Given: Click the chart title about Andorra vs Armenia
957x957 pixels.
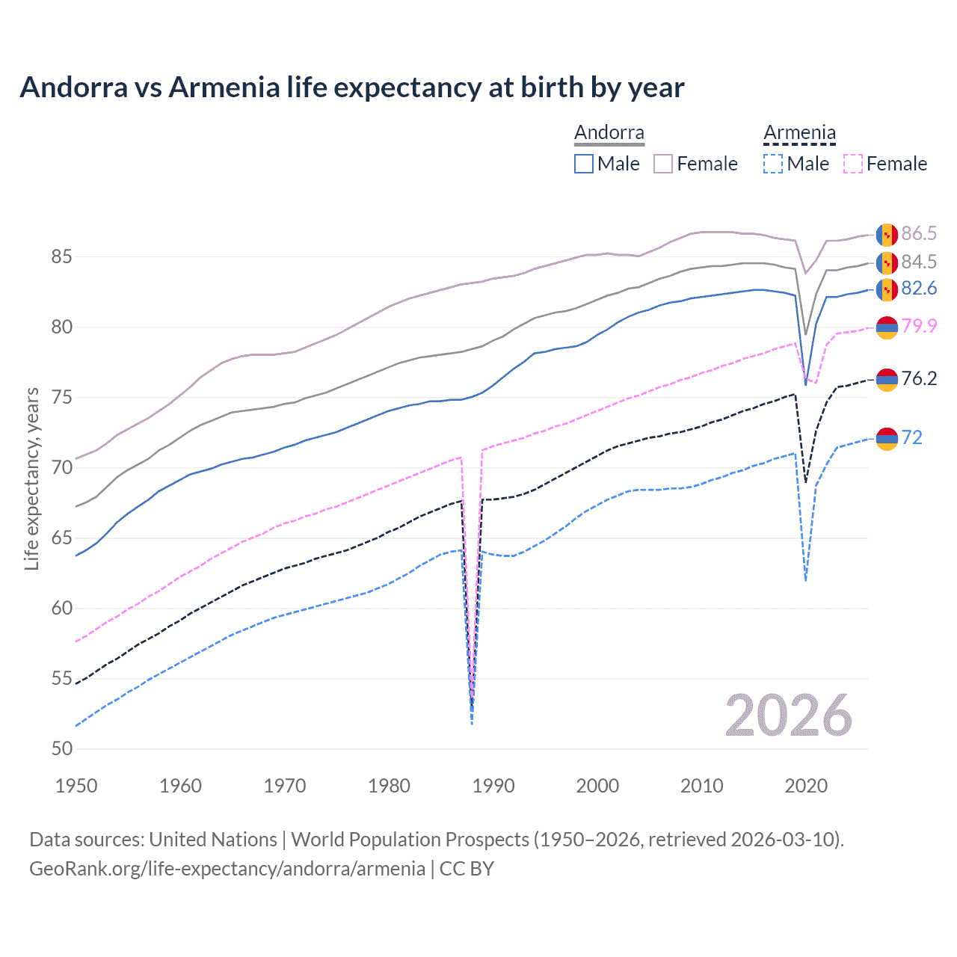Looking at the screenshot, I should (x=351, y=87).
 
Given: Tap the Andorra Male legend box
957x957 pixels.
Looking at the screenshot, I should (x=584, y=164).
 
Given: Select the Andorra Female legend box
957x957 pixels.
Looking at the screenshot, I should (x=663, y=164).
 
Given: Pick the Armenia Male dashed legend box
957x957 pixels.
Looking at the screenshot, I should (x=773, y=164).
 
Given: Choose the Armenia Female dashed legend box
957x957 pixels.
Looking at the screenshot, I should (x=853, y=164).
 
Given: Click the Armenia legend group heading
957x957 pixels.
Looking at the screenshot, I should (x=799, y=133).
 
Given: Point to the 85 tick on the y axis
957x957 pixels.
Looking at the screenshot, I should (x=61, y=257).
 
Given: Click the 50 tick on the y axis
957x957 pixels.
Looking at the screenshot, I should (x=61, y=749).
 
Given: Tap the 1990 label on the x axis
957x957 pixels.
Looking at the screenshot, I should (x=493, y=786).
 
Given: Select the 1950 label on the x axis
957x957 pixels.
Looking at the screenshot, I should (x=77, y=786).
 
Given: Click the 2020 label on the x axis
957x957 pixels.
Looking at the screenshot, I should (x=806, y=786).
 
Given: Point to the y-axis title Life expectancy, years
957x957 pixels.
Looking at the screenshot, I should (x=31, y=478).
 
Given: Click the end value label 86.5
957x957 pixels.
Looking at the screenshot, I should (x=919, y=234).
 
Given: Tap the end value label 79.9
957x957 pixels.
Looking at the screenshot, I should (x=919, y=326).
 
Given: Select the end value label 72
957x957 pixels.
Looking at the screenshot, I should (x=912, y=437).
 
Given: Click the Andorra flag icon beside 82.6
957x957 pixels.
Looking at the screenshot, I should (x=887, y=289).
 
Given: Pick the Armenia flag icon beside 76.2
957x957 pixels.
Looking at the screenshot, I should (x=887, y=379).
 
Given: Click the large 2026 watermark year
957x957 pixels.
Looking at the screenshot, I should (x=788, y=716).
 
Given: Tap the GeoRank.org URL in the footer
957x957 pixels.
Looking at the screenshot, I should (x=227, y=869).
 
